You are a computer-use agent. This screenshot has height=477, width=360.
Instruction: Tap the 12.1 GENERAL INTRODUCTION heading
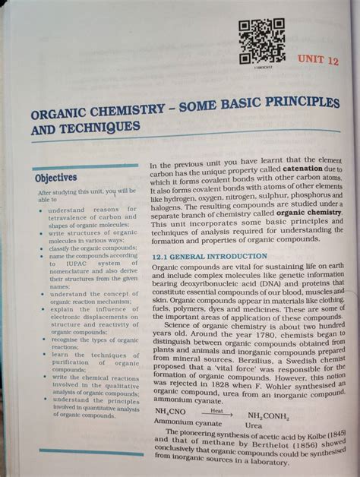(x=209, y=257)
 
